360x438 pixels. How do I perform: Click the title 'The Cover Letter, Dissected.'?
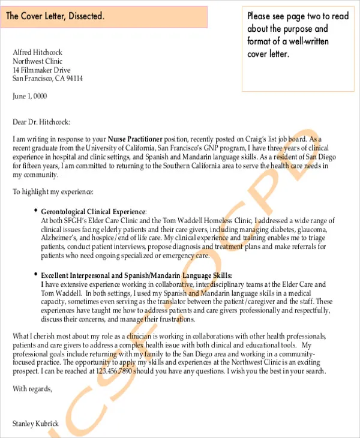55,17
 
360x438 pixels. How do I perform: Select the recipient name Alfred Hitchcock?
37,53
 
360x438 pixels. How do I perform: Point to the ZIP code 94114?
74,79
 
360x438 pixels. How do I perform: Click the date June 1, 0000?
29,97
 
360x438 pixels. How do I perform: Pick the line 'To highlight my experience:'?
53,192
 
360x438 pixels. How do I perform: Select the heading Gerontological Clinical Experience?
93,212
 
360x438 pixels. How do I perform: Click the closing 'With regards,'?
32,389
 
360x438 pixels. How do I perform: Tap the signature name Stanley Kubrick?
36,424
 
